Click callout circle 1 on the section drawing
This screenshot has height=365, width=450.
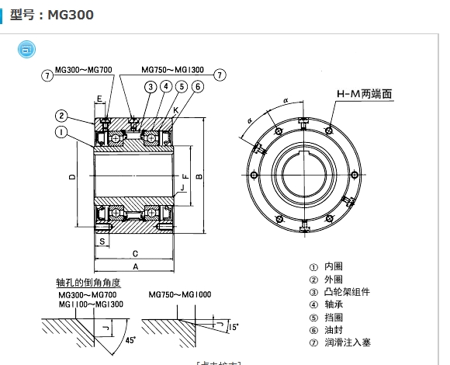point(60,132)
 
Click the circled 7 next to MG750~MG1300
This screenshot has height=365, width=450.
point(220,75)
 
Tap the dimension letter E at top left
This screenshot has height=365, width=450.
point(99,99)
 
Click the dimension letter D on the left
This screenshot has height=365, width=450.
point(71,178)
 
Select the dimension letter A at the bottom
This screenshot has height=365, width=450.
point(136,266)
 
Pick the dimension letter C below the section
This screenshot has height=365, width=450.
point(136,253)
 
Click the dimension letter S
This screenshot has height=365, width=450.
point(102,242)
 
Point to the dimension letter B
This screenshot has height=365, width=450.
point(201,177)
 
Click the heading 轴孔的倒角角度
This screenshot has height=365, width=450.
point(88,282)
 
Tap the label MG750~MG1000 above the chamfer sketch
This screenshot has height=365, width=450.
point(180,295)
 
